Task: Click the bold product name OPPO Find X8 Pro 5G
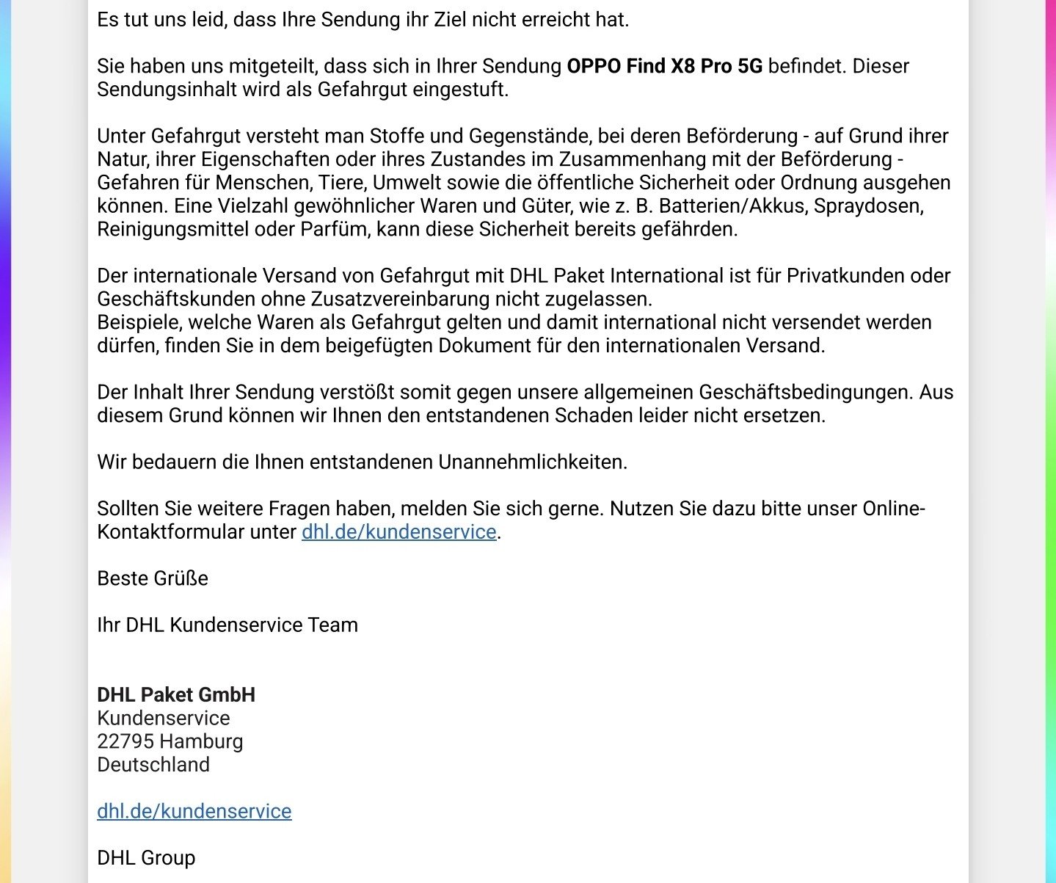pos(664,66)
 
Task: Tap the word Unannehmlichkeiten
pos(533,462)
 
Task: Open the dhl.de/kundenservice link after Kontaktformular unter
pos(398,532)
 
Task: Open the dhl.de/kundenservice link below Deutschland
pos(194,811)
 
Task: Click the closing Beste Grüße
pos(153,578)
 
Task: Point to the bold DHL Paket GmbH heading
pos(176,695)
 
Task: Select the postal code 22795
pos(125,741)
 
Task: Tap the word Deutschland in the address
pos(153,765)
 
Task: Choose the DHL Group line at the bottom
pos(146,858)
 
